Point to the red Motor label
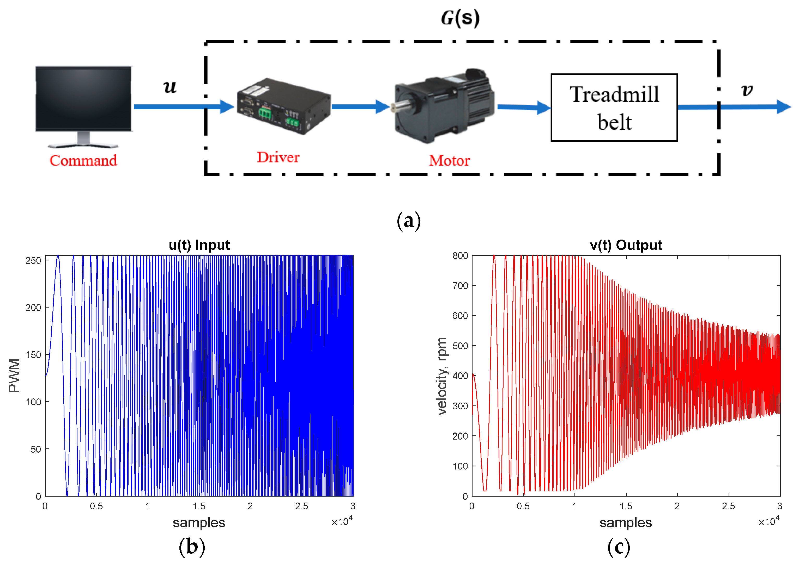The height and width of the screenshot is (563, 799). pos(449,161)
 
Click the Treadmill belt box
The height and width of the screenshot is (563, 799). pos(614,108)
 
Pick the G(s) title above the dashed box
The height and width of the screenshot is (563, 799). pos(460,18)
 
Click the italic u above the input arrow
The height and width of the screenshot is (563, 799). pos(170,87)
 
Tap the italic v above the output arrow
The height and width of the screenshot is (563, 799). pos(747,90)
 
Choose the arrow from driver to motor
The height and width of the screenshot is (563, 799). pos(360,107)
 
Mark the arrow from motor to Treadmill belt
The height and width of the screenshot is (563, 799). pos(524,107)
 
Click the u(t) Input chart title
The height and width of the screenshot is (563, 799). pos(199,245)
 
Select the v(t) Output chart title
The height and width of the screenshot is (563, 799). pos(626,245)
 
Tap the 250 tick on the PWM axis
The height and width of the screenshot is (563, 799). pos(33,261)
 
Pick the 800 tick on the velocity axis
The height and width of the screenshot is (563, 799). pos(460,256)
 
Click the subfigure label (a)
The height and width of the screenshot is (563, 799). pos(409,221)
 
